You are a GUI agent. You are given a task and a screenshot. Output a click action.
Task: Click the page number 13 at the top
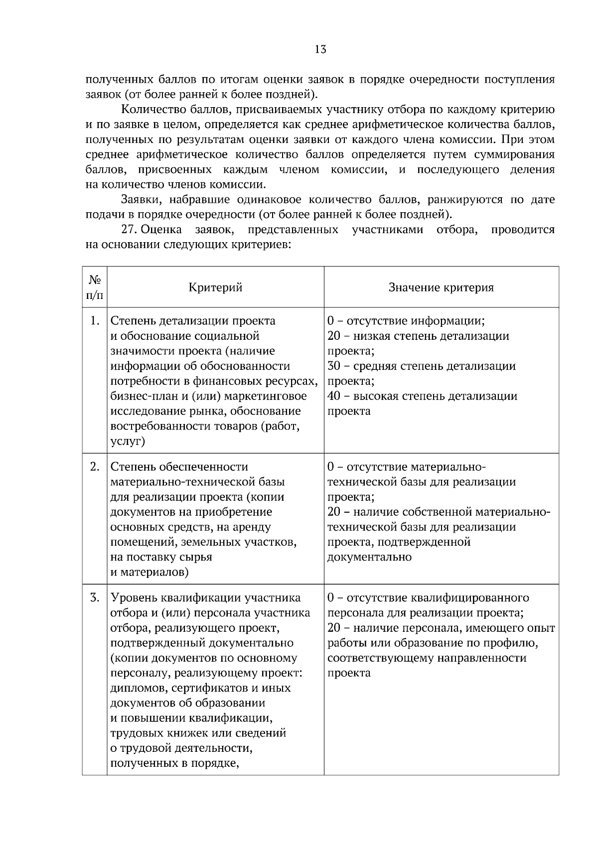click(320, 49)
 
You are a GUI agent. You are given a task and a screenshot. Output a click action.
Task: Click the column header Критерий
click(215, 287)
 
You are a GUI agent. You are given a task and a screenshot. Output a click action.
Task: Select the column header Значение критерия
click(441, 287)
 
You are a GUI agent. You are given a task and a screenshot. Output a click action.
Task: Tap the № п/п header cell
click(95, 287)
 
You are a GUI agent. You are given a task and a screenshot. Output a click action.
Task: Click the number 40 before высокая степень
click(334, 396)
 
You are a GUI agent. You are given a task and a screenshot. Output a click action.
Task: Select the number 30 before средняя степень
click(334, 366)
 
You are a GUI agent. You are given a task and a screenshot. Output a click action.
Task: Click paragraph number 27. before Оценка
click(129, 230)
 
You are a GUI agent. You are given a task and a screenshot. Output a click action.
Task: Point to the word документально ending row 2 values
click(369, 557)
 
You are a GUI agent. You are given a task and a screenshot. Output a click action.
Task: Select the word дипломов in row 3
click(131, 689)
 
